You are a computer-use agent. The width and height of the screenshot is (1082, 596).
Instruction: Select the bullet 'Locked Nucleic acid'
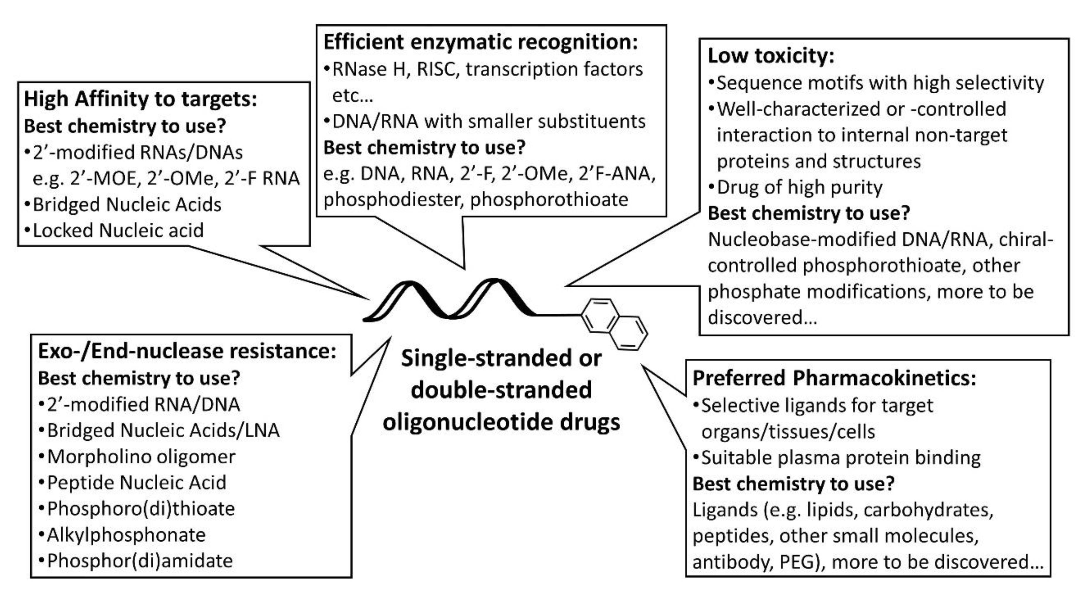(x=118, y=230)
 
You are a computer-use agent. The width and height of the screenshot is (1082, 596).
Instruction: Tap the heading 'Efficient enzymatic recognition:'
(x=480, y=42)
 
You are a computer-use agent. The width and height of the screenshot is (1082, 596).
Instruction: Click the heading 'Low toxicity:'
(x=770, y=56)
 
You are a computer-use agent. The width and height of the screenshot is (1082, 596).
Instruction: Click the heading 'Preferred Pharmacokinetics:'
(x=834, y=378)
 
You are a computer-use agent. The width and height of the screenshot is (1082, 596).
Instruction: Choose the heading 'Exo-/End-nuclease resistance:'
(x=187, y=351)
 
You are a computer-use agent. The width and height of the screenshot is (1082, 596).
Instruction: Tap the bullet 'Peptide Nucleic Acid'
(x=136, y=483)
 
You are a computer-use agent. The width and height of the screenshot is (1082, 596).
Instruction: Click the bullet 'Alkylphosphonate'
(x=126, y=535)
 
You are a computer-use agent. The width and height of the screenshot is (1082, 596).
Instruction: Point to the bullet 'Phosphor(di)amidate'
(x=139, y=561)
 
